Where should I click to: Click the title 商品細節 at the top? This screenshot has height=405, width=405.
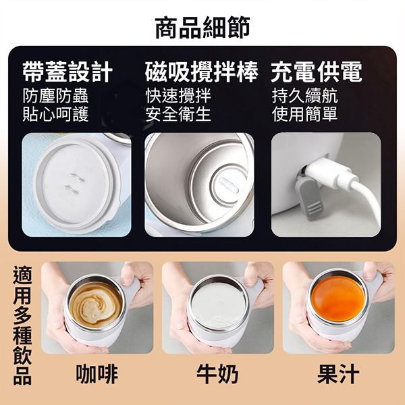click(x=202, y=28)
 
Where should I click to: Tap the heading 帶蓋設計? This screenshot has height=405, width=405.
click(x=67, y=72)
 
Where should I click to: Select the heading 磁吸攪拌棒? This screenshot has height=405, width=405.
click(x=201, y=72)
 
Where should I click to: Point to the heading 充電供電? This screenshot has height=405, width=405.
click(x=317, y=72)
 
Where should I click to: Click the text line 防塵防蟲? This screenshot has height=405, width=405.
click(x=55, y=96)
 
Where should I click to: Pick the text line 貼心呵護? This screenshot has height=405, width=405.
click(x=55, y=114)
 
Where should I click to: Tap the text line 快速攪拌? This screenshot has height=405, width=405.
click(x=178, y=96)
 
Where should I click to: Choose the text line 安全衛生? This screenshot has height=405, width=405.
click(x=178, y=114)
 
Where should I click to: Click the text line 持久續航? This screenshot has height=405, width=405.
click(x=305, y=96)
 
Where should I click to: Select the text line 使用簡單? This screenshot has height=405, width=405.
click(x=305, y=114)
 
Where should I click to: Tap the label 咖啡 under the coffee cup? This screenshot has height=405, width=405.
click(x=97, y=374)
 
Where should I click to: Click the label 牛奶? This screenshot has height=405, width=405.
click(x=217, y=374)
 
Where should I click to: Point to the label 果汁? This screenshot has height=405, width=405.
click(x=338, y=374)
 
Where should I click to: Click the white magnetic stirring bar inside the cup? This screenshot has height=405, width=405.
click(x=229, y=186)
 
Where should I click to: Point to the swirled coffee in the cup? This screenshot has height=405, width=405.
click(x=96, y=305)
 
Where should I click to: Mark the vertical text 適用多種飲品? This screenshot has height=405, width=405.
click(x=22, y=325)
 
